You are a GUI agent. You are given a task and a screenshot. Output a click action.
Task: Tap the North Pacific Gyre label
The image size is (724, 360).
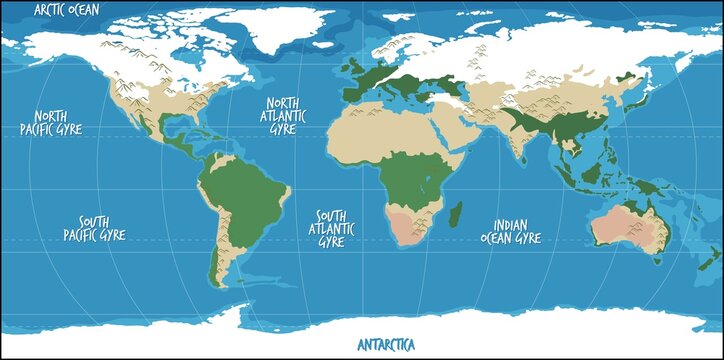coord(51,122)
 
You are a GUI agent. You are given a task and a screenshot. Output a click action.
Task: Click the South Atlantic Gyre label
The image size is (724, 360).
coord(331,229)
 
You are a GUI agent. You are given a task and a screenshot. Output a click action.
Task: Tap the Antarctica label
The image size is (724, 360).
coord(385,345)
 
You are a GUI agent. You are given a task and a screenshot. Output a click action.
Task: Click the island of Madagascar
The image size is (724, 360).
coord(457,214)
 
